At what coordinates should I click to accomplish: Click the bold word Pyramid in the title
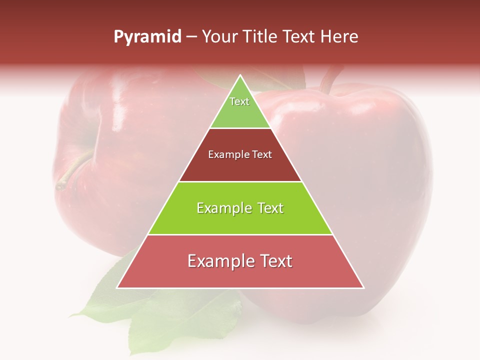(x=147, y=37)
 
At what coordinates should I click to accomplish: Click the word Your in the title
(x=219, y=37)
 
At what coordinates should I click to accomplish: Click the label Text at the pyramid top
(x=239, y=101)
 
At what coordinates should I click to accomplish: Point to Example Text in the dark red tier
(x=240, y=154)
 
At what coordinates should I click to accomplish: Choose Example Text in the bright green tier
(x=240, y=208)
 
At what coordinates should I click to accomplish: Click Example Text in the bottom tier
(x=240, y=261)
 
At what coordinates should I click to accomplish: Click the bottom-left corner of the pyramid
(x=117, y=288)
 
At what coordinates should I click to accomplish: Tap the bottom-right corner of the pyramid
(x=363, y=288)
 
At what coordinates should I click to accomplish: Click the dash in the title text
(x=191, y=37)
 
